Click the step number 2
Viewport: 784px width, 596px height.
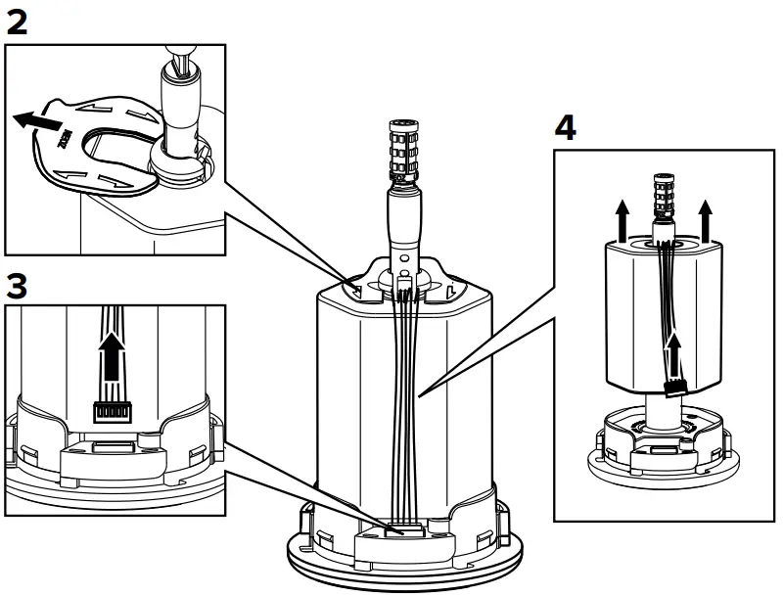click(x=17, y=23)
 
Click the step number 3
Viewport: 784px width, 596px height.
click(x=17, y=287)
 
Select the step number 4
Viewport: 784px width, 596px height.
click(x=566, y=129)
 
